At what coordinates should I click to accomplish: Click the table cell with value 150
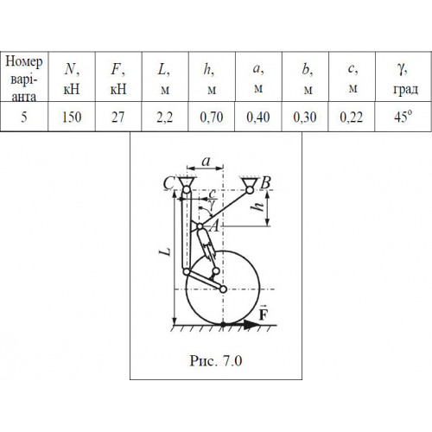point(72,117)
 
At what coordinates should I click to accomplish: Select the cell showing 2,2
point(164,117)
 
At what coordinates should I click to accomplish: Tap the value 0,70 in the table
point(212,117)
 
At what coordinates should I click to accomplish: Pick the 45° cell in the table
point(403,117)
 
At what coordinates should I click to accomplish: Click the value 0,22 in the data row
point(352,117)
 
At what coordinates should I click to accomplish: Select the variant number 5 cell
point(24,117)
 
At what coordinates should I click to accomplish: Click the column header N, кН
point(72,77)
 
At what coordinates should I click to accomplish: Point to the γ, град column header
point(403,77)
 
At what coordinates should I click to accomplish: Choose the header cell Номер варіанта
point(24,78)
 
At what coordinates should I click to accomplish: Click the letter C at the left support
point(168,182)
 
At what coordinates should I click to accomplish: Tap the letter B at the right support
point(265,182)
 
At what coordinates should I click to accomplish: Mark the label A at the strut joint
point(214,226)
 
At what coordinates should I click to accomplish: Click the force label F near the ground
point(264,313)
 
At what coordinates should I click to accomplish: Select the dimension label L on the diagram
point(165,251)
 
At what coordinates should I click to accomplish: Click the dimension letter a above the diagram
point(206,162)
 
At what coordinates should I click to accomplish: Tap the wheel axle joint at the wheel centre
point(223,289)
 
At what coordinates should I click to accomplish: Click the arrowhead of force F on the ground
point(251,325)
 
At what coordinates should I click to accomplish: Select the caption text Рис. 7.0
point(216,360)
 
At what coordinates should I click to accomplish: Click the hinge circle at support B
point(250,190)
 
